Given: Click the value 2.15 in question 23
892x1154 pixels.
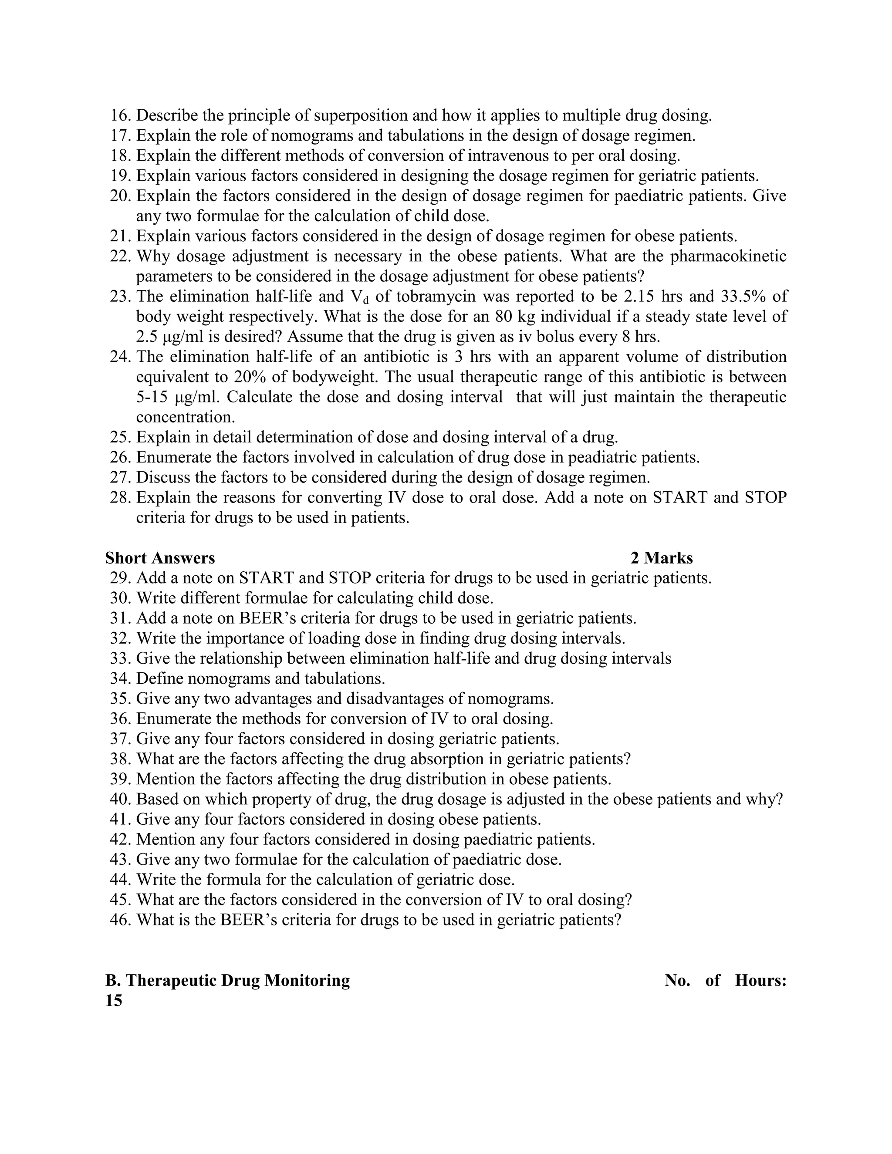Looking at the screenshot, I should (x=635, y=297).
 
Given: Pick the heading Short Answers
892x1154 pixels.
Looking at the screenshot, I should (x=160, y=558).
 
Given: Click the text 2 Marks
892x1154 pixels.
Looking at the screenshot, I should (x=662, y=558).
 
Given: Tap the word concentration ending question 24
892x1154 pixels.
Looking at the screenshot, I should (x=186, y=417).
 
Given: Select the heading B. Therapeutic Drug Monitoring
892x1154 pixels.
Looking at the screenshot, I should (x=228, y=981).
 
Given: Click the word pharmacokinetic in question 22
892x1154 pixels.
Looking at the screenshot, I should (x=728, y=256).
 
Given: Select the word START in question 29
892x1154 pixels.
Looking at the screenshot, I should (x=262, y=578).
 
